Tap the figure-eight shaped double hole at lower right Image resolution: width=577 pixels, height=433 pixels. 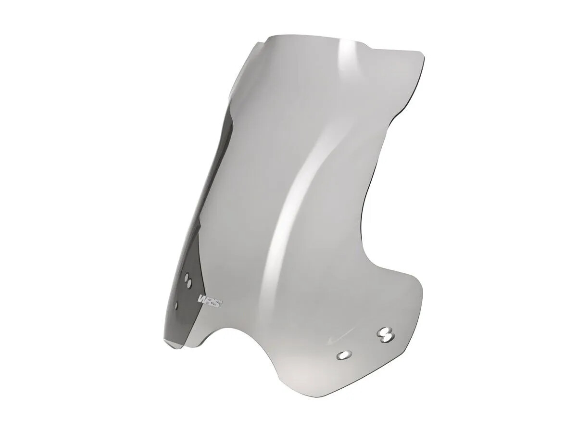386,334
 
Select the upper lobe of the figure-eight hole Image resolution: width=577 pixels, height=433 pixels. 385,331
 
